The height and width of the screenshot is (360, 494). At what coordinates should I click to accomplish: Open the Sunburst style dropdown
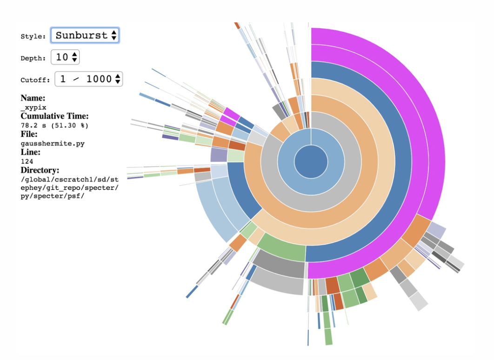tap(85, 35)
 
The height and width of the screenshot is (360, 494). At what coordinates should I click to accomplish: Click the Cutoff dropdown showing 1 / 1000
tap(89, 79)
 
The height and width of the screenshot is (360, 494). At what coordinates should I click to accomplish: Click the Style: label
tap(33, 36)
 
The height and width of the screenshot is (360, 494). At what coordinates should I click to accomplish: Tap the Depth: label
tap(33, 58)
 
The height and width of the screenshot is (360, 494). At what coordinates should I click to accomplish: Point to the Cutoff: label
tap(35, 80)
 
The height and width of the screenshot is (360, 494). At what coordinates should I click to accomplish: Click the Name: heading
tap(33, 98)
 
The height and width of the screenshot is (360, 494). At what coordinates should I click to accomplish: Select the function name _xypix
tap(33, 107)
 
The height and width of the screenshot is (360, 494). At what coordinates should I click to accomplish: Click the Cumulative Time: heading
tap(54, 116)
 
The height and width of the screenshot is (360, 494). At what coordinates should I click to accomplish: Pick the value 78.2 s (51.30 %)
tap(54, 125)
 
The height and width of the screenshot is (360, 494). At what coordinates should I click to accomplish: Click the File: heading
tap(30, 134)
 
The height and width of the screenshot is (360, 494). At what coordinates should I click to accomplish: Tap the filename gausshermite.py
tap(53, 143)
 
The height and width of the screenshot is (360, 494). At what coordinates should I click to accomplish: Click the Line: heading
tap(30, 152)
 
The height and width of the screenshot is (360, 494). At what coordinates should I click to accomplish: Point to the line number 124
tap(27, 161)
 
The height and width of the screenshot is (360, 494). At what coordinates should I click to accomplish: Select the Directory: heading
tap(40, 170)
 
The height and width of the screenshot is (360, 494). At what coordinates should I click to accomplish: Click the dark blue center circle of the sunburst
tap(311, 162)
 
